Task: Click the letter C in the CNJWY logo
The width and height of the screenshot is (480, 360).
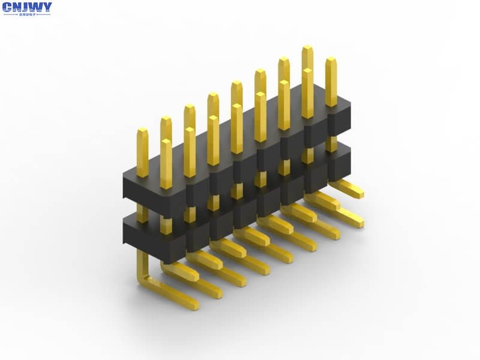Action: pyautogui.click(x=8, y=8)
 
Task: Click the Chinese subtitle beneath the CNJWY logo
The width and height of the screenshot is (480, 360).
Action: pyautogui.click(x=27, y=15)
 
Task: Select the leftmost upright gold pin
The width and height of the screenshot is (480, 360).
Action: pyautogui.click(x=142, y=152)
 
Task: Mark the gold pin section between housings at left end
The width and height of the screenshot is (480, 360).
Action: pyautogui.click(x=142, y=212)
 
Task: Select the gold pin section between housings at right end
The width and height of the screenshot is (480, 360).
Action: pyautogui.click(x=331, y=143)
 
